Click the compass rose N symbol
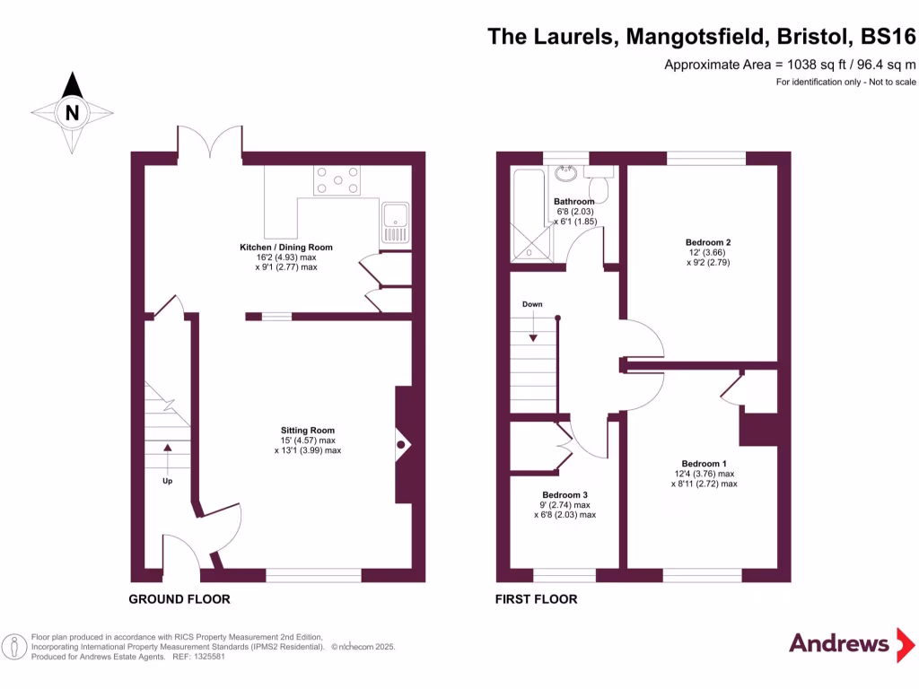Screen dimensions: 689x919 pyautogui.click(x=73, y=112)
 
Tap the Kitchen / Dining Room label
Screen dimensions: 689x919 pyautogui.click(x=285, y=248)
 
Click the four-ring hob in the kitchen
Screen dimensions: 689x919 pyautogui.click(x=336, y=180)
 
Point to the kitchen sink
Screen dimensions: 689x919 pyautogui.click(x=395, y=222)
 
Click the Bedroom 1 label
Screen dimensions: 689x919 pyautogui.click(x=704, y=463)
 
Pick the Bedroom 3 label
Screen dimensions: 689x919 pyautogui.click(x=565, y=495)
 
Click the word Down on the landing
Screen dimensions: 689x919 pyautogui.click(x=532, y=304)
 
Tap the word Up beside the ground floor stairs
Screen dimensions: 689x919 pyautogui.click(x=167, y=481)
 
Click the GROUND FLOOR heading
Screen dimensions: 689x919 pyautogui.click(x=179, y=599)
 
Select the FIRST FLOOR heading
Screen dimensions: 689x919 pyautogui.click(x=536, y=599)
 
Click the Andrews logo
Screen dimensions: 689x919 pyautogui.click(x=839, y=643)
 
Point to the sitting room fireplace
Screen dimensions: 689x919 pyautogui.click(x=403, y=444)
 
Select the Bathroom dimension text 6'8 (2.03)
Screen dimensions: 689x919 pyautogui.click(x=573, y=212)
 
